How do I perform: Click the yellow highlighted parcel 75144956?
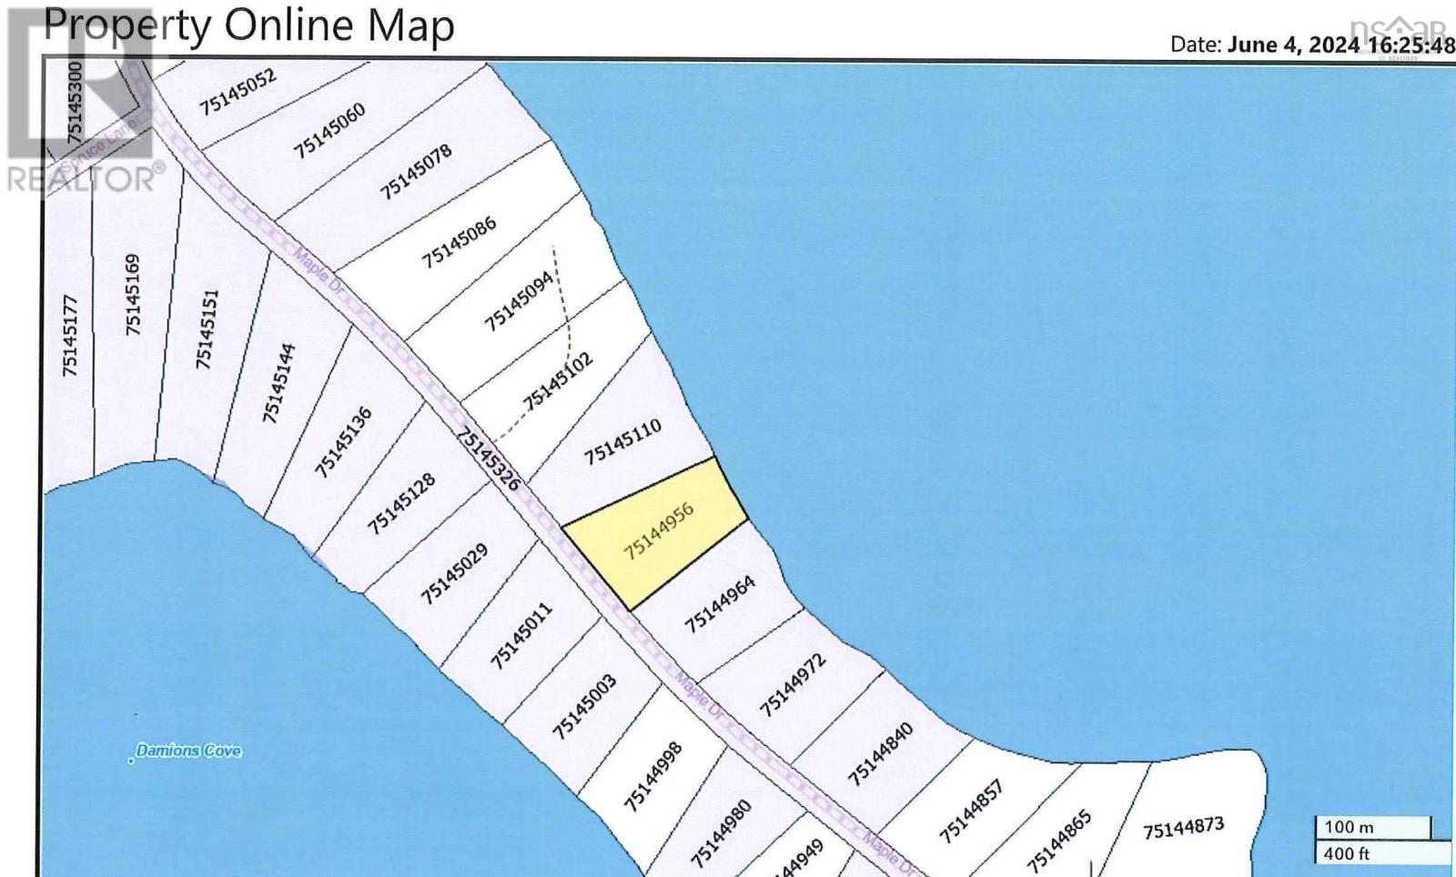(x=658, y=531)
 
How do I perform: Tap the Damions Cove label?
(x=188, y=751)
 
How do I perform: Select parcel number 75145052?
(x=238, y=92)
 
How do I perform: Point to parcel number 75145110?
(x=622, y=441)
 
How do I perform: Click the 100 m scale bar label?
(x=1349, y=827)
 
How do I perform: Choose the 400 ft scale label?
(x=1346, y=853)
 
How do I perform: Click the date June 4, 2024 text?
(x=1293, y=45)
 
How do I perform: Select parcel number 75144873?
(x=1183, y=830)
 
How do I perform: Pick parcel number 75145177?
(x=71, y=336)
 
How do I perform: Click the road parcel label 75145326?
(x=488, y=459)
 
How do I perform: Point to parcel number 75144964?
(x=720, y=604)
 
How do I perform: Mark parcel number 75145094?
(x=519, y=301)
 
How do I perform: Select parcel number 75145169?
(x=134, y=294)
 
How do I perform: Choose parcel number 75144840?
(x=880, y=753)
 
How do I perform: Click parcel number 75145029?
(x=454, y=574)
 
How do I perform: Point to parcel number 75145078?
(x=416, y=172)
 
